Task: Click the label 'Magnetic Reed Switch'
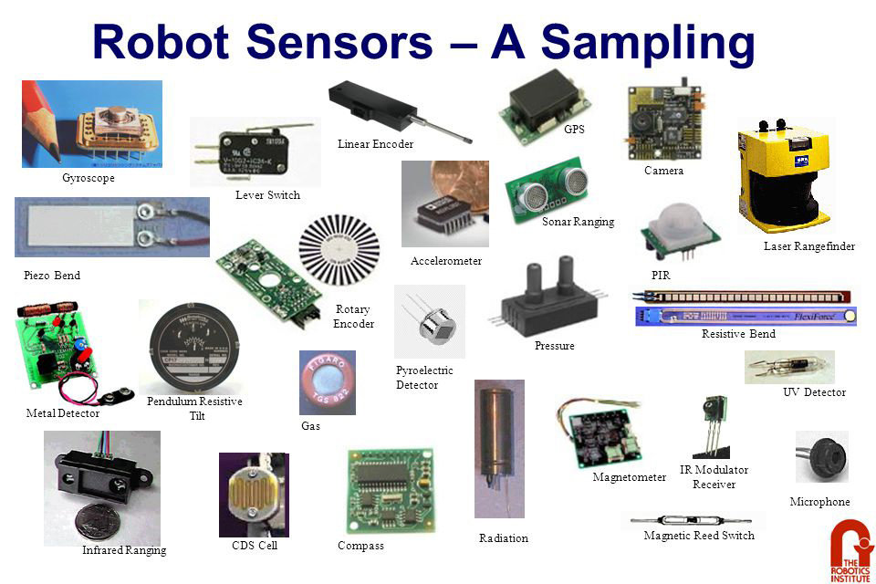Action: tap(699, 536)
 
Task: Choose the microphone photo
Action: tap(820, 455)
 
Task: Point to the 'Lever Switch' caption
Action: tap(267, 195)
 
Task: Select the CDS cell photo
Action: tap(252, 494)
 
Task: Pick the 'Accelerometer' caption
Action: tap(446, 261)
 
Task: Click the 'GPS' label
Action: tap(574, 130)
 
